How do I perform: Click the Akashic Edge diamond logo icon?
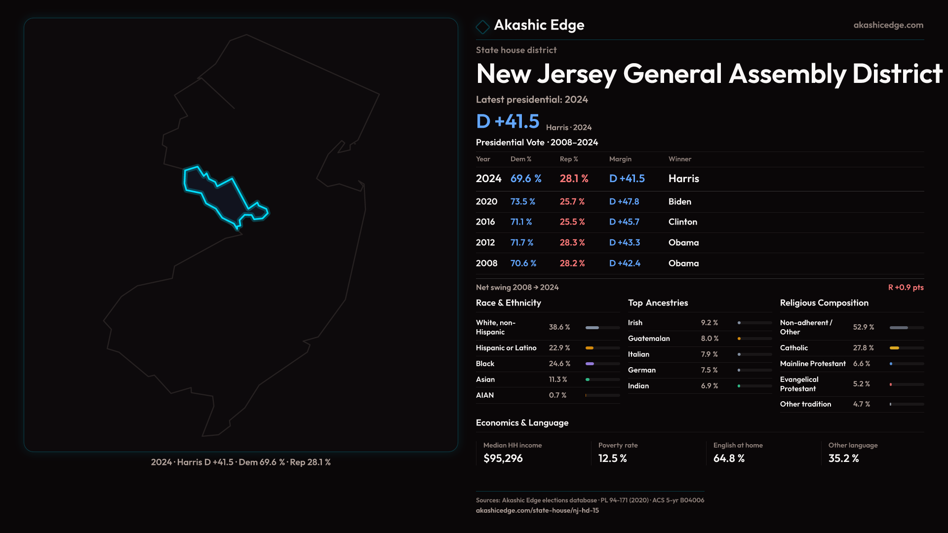click(x=482, y=27)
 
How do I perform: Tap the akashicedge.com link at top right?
click(x=888, y=25)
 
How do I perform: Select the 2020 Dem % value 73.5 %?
click(x=522, y=202)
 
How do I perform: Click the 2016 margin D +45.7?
click(x=624, y=222)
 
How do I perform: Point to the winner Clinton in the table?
click(x=682, y=222)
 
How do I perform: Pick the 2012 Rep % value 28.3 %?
click(x=572, y=243)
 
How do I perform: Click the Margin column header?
click(x=620, y=159)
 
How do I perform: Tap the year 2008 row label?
click(x=486, y=264)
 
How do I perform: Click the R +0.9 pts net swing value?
click(x=906, y=287)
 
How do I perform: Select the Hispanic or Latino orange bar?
click(x=590, y=348)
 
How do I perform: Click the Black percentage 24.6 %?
click(x=559, y=364)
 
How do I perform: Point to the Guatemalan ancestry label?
click(x=649, y=339)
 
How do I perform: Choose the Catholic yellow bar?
click(x=894, y=348)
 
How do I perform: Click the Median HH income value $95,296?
click(x=503, y=458)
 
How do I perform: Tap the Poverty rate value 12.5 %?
click(x=612, y=458)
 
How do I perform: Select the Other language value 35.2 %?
click(x=843, y=458)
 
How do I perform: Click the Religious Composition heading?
click(x=824, y=303)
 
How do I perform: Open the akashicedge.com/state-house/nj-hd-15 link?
click(x=537, y=510)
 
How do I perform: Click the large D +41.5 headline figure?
click(x=508, y=121)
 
